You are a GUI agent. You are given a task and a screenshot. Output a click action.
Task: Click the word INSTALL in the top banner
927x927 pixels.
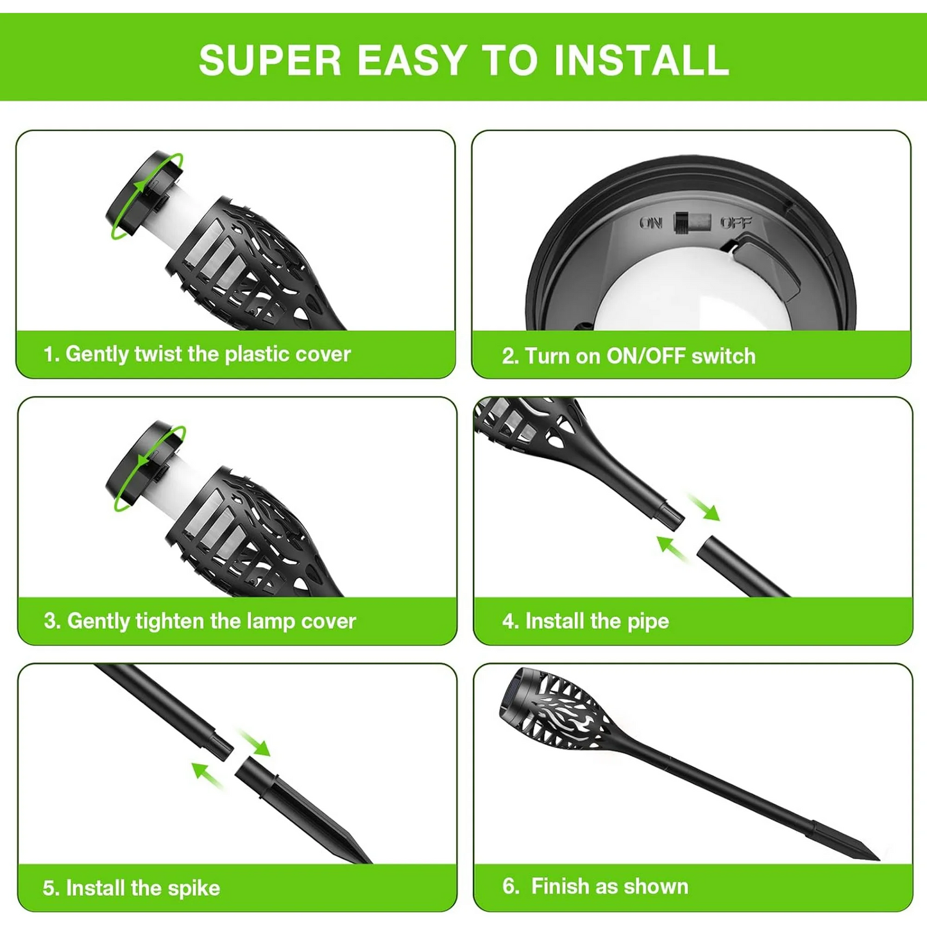pyautogui.click(x=642, y=60)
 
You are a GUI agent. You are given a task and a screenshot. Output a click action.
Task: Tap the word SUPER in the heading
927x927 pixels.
pyautogui.click(x=270, y=60)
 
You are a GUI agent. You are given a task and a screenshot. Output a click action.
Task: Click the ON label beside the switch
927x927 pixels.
pyautogui.click(x=651, y=223)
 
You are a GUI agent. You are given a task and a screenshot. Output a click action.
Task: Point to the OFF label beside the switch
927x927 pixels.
pyautogui.click(x=736, y=223)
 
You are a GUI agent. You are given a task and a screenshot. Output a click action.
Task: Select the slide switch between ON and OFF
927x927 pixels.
pyautogui.click(x=692, y=222)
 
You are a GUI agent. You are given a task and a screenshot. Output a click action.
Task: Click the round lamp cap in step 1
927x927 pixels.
pyautogui.click(x=144, y=195)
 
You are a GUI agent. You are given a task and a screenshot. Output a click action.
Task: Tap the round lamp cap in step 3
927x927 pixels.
pyautogui.click(x=145, y=465)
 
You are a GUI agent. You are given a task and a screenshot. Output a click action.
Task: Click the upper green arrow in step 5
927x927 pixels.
pyautogui.click(x=254, y=744)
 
